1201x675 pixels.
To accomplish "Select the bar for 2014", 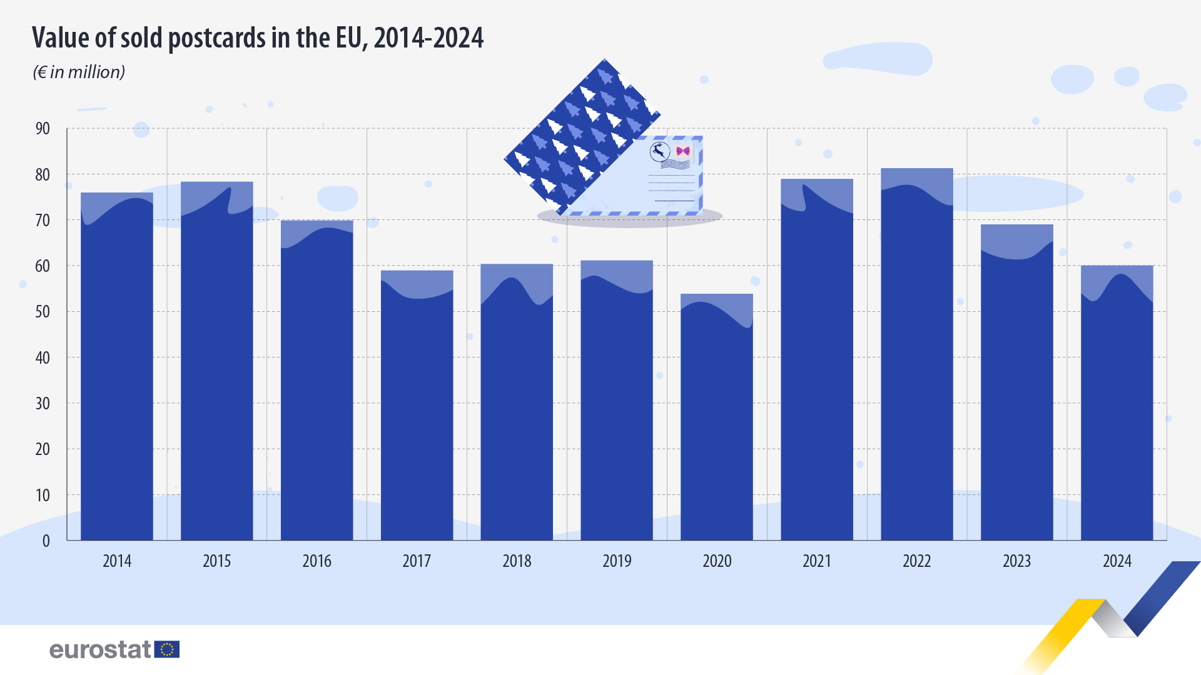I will point(117,369).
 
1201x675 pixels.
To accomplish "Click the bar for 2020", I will point(717,419).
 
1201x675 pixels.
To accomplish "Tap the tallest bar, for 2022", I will point(917,356).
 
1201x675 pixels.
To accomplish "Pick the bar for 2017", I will point(417,406).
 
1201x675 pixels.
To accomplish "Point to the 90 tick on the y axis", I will point(43,129).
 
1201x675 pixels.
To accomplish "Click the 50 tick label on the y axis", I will point(43,312).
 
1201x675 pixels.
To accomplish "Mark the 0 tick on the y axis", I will point(46,541).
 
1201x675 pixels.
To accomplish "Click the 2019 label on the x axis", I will point(617,561).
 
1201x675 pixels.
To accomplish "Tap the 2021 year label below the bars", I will point(817,561).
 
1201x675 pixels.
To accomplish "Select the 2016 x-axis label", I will point(317,561).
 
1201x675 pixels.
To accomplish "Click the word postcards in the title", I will point(218,38).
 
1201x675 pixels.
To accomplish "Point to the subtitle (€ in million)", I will point(79,72).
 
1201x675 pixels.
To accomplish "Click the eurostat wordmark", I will point(100,650).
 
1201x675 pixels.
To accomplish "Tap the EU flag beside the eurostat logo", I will point(167,649).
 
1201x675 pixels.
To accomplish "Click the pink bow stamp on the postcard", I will point(683,151).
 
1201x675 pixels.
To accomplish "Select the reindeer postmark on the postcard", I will point(660,151).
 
